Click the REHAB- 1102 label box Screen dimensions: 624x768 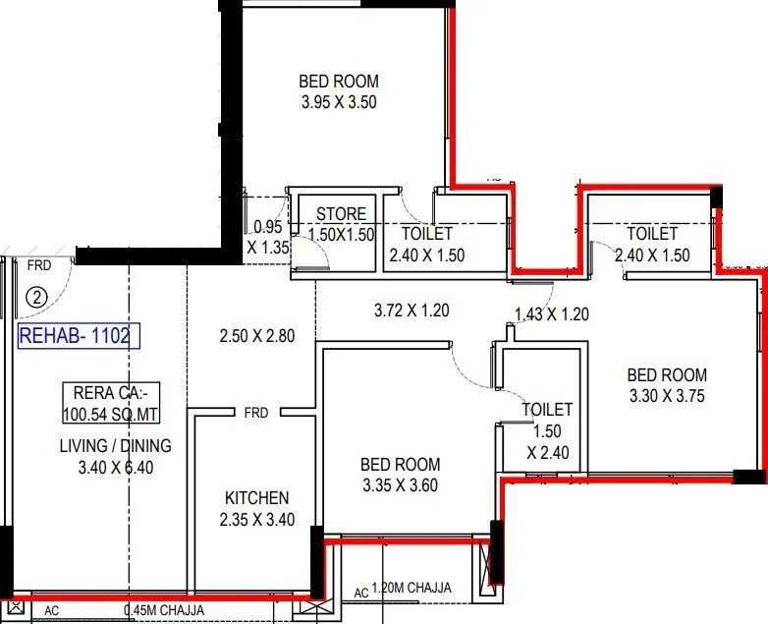pyautogui.click(x=80, y=335)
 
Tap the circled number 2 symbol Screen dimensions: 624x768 pyautogui.click(x=36, y=295)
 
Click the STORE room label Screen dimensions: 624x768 pyautogui.click(x=341, y=214)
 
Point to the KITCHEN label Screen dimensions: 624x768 pyautogui.click(x=256, y=498)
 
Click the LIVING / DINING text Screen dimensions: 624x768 pyautogui.click(x=114, y=445)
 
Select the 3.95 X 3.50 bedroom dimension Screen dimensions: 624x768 pyautogui.click(x=338, y=101)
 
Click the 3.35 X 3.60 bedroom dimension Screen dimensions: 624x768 pyautogui.click(x=400, y=485)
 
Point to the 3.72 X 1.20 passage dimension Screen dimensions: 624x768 pyautogui.click(x=411, y=311)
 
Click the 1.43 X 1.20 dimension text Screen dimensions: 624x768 pyautogui.click(x=551, y=314)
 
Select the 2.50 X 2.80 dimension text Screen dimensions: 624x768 pyautogui.click(x=256, y=336)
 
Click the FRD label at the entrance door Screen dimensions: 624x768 pyautogui.click(x=39, y=265)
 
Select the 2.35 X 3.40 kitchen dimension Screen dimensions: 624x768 pyautogui.click(x=256, y=520)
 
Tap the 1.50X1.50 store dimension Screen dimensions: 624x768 pyautogui.click(x=341, y=235)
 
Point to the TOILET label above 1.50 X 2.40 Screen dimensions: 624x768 pyautogui.click(x=547, y=410)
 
